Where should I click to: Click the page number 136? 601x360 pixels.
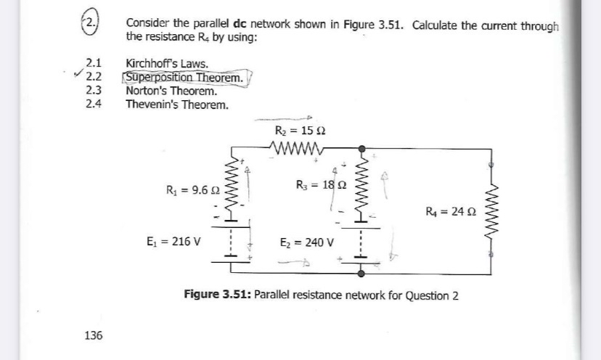pos(92,335)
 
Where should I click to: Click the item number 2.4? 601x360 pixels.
pos(92,105)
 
